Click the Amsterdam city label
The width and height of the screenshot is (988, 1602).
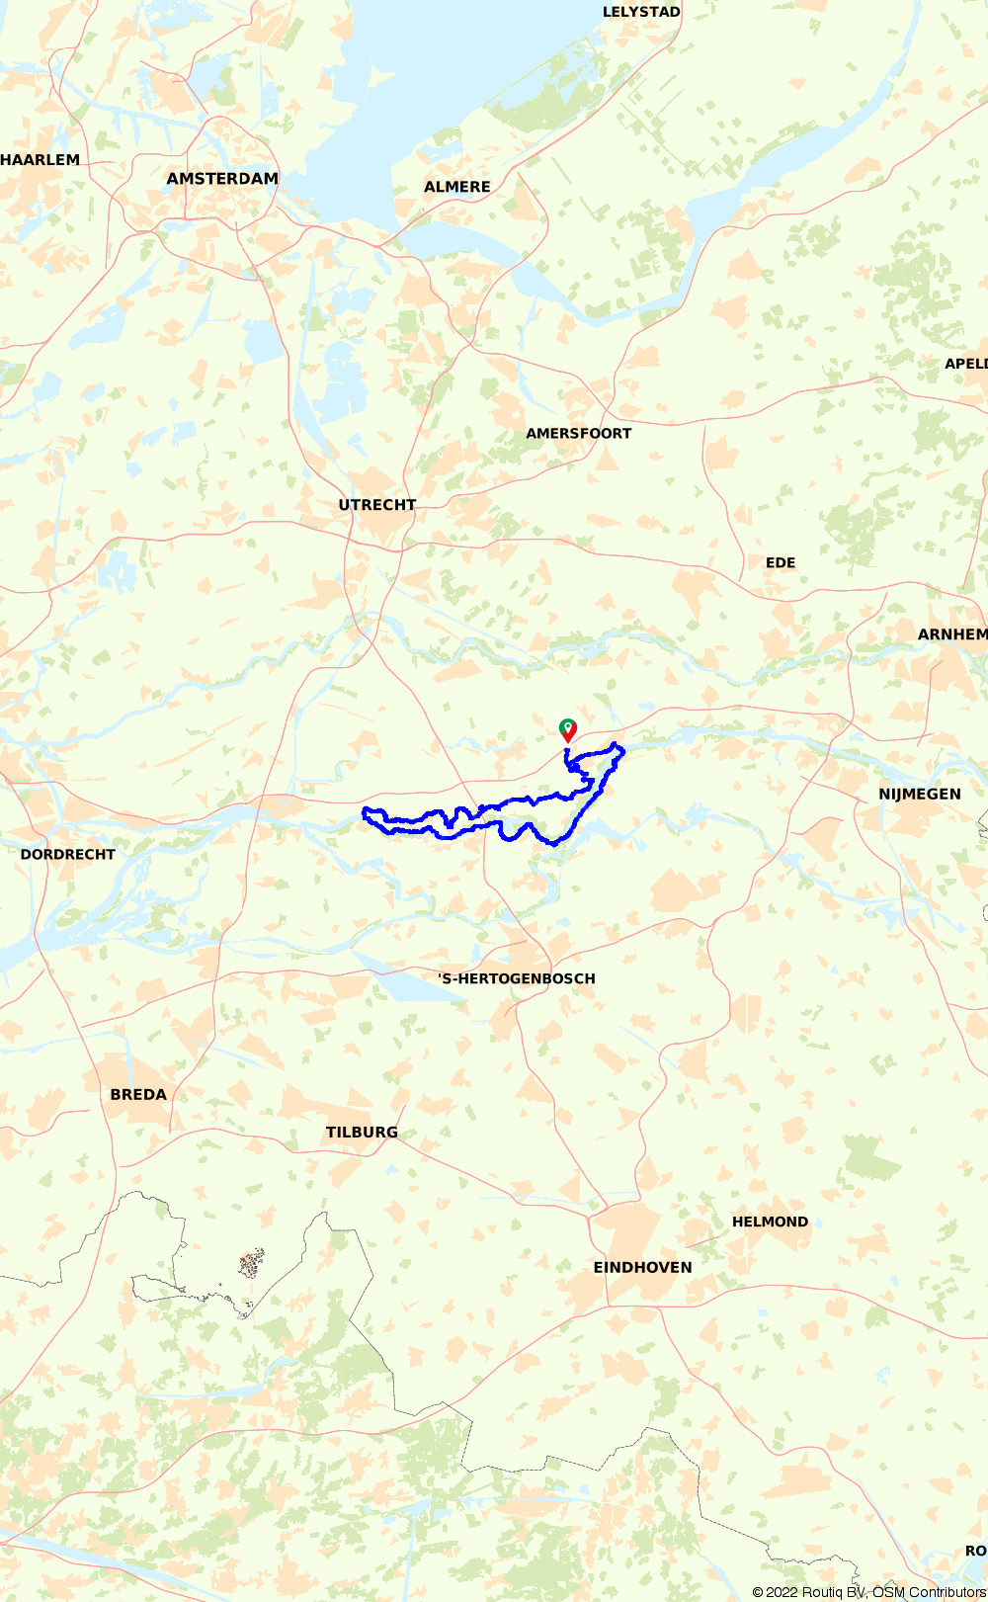(x=222, y=179)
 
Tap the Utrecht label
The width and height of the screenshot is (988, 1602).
(x=377, y=505)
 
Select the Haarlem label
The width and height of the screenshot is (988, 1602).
(x=41, y=160)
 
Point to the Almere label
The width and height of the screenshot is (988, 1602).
(x=457, y=187)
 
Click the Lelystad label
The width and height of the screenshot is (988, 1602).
(x=641, y=12)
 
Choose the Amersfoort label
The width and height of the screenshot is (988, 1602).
(x=578, y=434)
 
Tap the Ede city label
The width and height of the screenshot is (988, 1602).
(x=781, y=562)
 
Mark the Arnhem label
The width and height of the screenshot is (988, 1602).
(x=952, y=634)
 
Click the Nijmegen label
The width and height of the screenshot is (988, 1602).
(x=920, y=795)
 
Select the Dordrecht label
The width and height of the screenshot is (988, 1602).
(x=68, y=855)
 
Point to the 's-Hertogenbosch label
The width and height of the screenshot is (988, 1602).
(x=517, y=978)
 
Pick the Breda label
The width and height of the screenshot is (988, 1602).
(x=138, y=1095)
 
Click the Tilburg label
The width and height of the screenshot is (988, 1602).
(x=362, y=1133)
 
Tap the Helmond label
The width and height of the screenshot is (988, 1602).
(x=770, y=1223)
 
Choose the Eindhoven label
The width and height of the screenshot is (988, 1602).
(x=642, y=1268)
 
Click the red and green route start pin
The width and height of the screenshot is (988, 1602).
(x=568, y=729)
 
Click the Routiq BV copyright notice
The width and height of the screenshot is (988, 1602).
(x=868, y=1592)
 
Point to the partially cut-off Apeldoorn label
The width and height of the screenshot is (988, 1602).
(x=966, y=364)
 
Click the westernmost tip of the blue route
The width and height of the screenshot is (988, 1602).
(x=365, y=813)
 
